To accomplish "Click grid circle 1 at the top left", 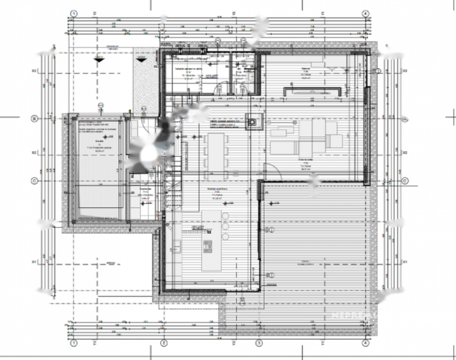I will tap(74, 14).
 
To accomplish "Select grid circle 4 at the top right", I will tap(365, 14).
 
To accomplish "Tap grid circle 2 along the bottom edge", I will tap(164, 343).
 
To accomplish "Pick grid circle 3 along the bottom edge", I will tap(259, 343).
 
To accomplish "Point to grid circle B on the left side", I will tap(35, 119).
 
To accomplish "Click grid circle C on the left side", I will tap(35, 181).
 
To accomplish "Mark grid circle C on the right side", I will tap(405, 181).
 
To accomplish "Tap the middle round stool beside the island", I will tap(225, 226).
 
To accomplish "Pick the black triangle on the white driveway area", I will tap(99, 60).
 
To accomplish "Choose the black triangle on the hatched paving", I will tap(142, 59).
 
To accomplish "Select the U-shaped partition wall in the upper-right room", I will tap(312, 91).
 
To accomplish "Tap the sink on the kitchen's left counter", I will tap(177, 246).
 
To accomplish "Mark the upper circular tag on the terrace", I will tap(272, 230).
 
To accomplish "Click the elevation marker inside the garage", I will tap(105, 136).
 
